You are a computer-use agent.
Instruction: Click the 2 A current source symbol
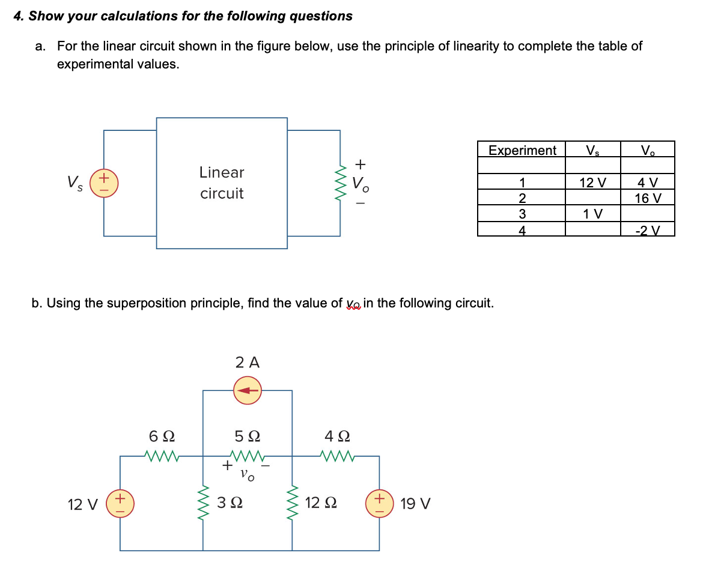248,390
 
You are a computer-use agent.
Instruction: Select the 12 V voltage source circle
120,503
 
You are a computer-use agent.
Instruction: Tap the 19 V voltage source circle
379,503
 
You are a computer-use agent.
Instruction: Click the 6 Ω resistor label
162,435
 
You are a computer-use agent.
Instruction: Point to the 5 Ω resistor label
248,435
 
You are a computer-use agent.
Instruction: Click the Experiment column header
522,150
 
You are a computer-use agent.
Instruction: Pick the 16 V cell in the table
648,198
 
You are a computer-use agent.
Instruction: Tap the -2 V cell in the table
648,230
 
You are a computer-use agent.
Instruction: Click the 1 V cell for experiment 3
592,214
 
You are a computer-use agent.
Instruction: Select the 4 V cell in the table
648,183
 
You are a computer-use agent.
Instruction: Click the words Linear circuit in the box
222,183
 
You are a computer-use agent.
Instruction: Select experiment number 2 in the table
522,199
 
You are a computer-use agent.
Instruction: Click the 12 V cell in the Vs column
592,183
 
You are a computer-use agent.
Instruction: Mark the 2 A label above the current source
248,362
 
